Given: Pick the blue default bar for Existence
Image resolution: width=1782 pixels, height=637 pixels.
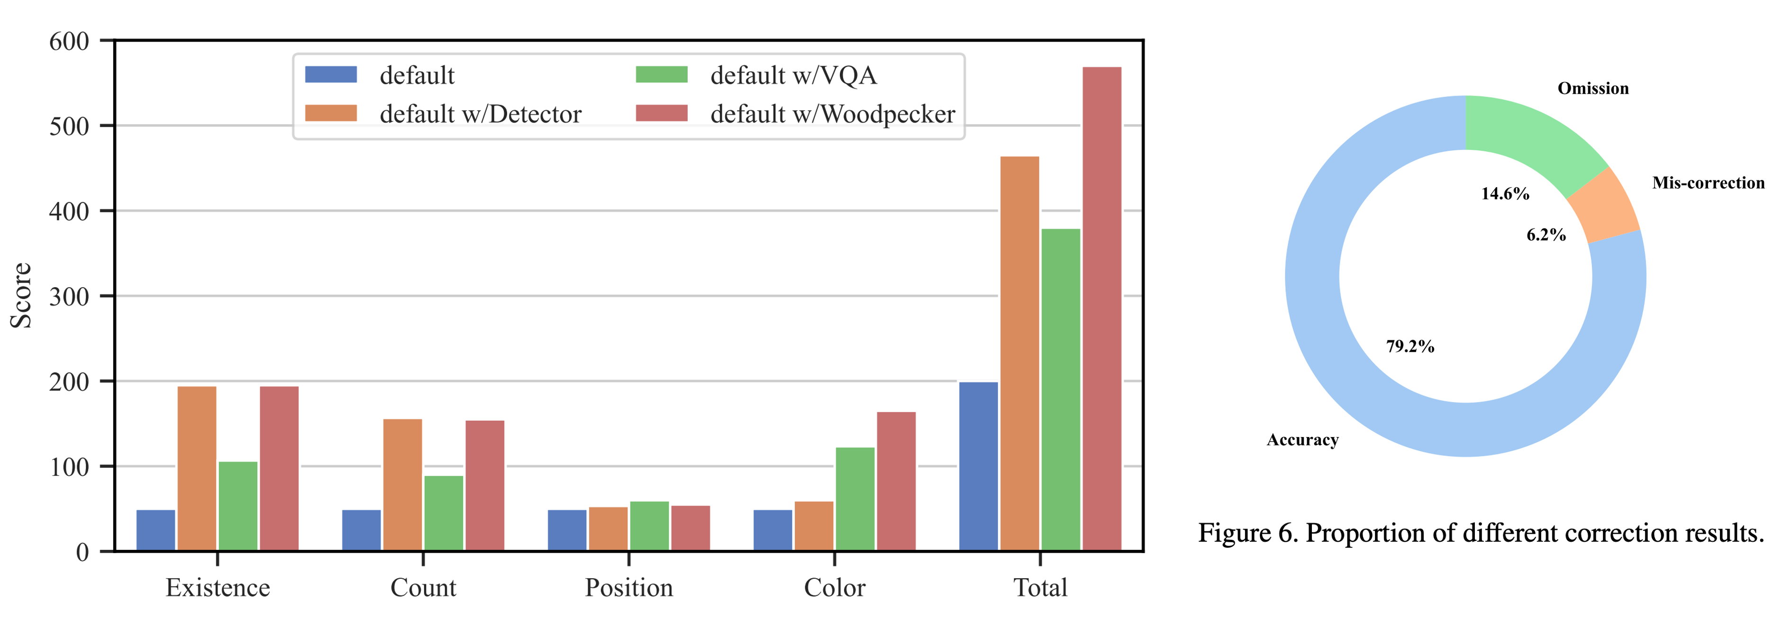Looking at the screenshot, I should click(155, 530).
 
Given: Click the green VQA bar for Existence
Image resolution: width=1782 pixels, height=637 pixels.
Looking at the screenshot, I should click(238, 506).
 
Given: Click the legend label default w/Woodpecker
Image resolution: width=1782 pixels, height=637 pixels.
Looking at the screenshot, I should click(832, 114).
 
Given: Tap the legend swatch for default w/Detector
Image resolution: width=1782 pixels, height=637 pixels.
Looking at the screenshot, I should click(331, 113).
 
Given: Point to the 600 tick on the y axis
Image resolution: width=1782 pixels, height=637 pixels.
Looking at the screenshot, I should click(69, 42).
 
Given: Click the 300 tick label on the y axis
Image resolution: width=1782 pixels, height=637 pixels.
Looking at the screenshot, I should click(69, 297).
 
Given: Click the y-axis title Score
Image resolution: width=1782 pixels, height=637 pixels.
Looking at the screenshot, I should click(21, 295).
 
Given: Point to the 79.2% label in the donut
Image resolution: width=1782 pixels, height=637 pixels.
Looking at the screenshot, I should click(1410, 346).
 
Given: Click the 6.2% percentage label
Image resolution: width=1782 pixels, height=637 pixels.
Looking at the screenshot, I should click(1546, 235).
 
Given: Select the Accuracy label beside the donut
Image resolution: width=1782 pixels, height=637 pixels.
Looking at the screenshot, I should click(1302, 440).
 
